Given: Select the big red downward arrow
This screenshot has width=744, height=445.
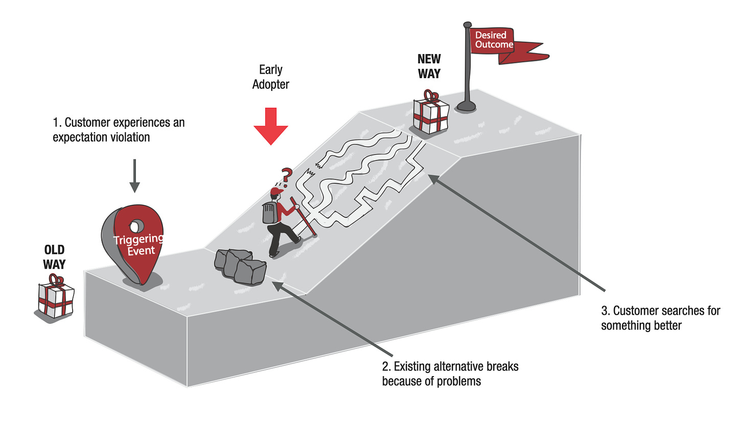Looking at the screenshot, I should pyautogui.click(x=271, y=126).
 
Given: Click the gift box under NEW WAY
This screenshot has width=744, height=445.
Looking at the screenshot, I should pyautogui.click(x=431, y=114).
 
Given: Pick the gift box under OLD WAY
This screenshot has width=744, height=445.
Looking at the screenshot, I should pyautogui.click(x=56, y=299).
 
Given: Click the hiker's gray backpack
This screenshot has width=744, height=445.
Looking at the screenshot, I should pyautogui.click(x=269, y=212).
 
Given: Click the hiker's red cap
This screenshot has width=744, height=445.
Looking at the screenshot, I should pyautogui.click(x=276, y=191).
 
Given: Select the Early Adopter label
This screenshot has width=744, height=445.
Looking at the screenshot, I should pyautogui.click(x=270, y=77).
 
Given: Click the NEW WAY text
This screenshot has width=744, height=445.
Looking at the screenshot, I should pyautogui.click(x=429, y=66).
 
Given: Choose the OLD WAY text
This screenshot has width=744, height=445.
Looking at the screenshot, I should pyautogui.click(x=54, y=257).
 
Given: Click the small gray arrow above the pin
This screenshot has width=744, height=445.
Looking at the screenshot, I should pyautogui.click(x=134, y=176).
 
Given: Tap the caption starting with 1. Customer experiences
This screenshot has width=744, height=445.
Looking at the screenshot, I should pyautogui.click(x=119, y=130).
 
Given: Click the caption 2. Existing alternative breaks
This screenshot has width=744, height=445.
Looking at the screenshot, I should pyautogui.click(x=450, y=373).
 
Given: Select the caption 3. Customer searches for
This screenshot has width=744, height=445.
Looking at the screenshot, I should pyautogui.click(x=660, y=318).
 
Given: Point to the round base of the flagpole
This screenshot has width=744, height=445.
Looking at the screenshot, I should pyautogui.click(x=466, y=106).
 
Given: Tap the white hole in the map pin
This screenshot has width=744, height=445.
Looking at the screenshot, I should pyautogui.click(x=136, y=225).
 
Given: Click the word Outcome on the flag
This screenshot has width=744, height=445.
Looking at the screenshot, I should pyautogui.click(x=494, y=45).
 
